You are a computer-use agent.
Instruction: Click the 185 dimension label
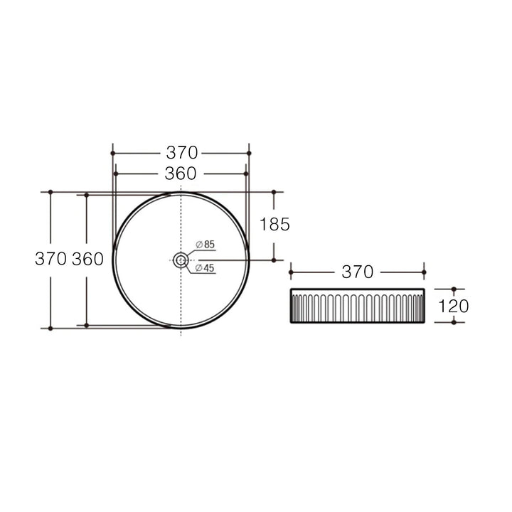pyautogui.click(x=274, y=225)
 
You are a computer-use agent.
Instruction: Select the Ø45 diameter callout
pyautogui.click(x=205, y=268)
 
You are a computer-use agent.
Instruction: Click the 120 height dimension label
pyautogui.click(x=454, y=306)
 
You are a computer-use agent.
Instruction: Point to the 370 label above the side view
pyautogui.click(x=358, y=272)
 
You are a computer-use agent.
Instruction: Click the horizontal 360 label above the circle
pyautogui.click(x=181, y=174)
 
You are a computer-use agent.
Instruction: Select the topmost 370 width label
pyautogui.click(x=181, y=153)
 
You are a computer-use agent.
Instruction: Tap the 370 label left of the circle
pyautogui.click(x=50, y=260)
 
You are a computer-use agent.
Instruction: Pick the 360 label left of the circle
pyautogui.click(x=87, y=260)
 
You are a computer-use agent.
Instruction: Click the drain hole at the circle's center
pyautogui.click(x=181, y=260)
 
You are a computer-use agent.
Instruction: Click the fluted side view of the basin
pyautogui.click(x=357, y=306)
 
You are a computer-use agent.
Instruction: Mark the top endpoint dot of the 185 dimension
pyautogui.click(x=274, y=192)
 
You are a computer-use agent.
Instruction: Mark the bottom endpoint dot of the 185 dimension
pyautogui.click(x=274, y=260)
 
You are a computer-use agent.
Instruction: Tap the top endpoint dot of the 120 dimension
pyautogui.click(x=454, y=289)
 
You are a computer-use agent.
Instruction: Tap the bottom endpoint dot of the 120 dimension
pyautogui.click(x=454, y=321)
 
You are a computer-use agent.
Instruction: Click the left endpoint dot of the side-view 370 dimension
pyautogui.click(x=291, y=272)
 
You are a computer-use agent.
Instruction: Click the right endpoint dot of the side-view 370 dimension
pyautogui.click(x=424, y=272)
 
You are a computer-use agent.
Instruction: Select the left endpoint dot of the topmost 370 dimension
pyautogui.click(x=112, y=153)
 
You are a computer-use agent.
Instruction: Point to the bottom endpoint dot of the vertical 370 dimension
pyautogui.click(x=50, y=329)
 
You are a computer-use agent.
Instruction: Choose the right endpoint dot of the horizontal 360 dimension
pyautogui.click(x=246, y=174)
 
